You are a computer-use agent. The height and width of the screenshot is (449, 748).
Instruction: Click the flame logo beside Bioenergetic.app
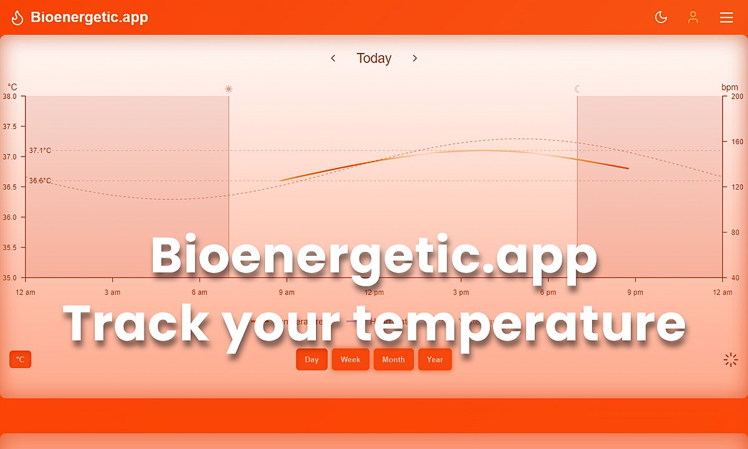(17, 17)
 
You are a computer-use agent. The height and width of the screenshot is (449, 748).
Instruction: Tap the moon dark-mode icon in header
(661, 17)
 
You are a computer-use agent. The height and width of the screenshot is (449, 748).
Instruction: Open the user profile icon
(693, 17)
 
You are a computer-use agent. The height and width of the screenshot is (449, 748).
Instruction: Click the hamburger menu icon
(726, 17)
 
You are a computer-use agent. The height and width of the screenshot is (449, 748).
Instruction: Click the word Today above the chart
(373, 58)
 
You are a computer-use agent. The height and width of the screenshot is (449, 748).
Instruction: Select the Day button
(312, 359)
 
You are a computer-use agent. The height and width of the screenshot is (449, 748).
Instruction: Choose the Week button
(350, 359)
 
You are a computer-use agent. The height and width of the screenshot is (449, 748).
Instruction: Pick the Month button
(393, 359)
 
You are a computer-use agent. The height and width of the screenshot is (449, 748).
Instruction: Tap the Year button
(434, 359)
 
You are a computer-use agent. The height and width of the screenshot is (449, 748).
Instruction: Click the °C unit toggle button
(20, 359)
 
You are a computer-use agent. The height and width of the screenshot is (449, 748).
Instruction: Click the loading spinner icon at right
(731, 359)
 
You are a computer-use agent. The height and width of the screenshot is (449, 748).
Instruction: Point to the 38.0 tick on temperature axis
(9, 96)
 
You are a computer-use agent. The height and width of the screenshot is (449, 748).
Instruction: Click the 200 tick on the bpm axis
(737, 96)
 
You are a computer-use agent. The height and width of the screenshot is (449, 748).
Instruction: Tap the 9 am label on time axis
(287, 292)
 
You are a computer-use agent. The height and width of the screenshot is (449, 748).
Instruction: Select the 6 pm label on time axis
(548, 292)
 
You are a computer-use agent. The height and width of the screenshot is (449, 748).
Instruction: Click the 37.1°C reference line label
(40, 150)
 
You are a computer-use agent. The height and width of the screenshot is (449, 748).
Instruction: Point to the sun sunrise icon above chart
(229, 89)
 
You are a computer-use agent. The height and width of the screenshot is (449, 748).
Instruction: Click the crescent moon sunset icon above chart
(577, 89)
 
